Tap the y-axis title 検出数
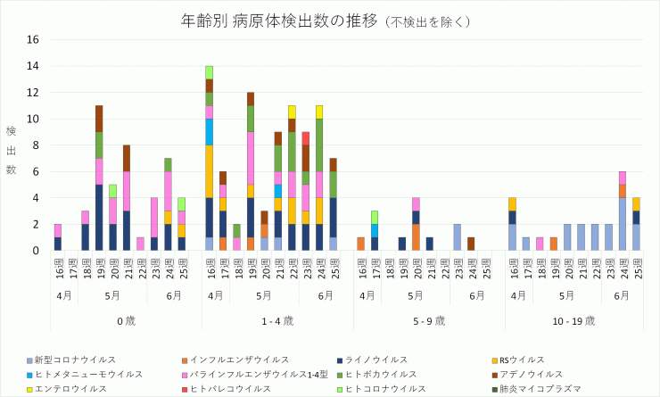click(12, 150)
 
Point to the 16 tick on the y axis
click(32, 40)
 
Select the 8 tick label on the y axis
click(34, 145)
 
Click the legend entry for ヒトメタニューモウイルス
click(87, 374)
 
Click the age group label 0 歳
click(127, 318)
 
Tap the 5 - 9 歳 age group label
click(430, 318)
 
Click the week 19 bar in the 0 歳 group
click(99, 178)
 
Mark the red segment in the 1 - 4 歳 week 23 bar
click(306, 138)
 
